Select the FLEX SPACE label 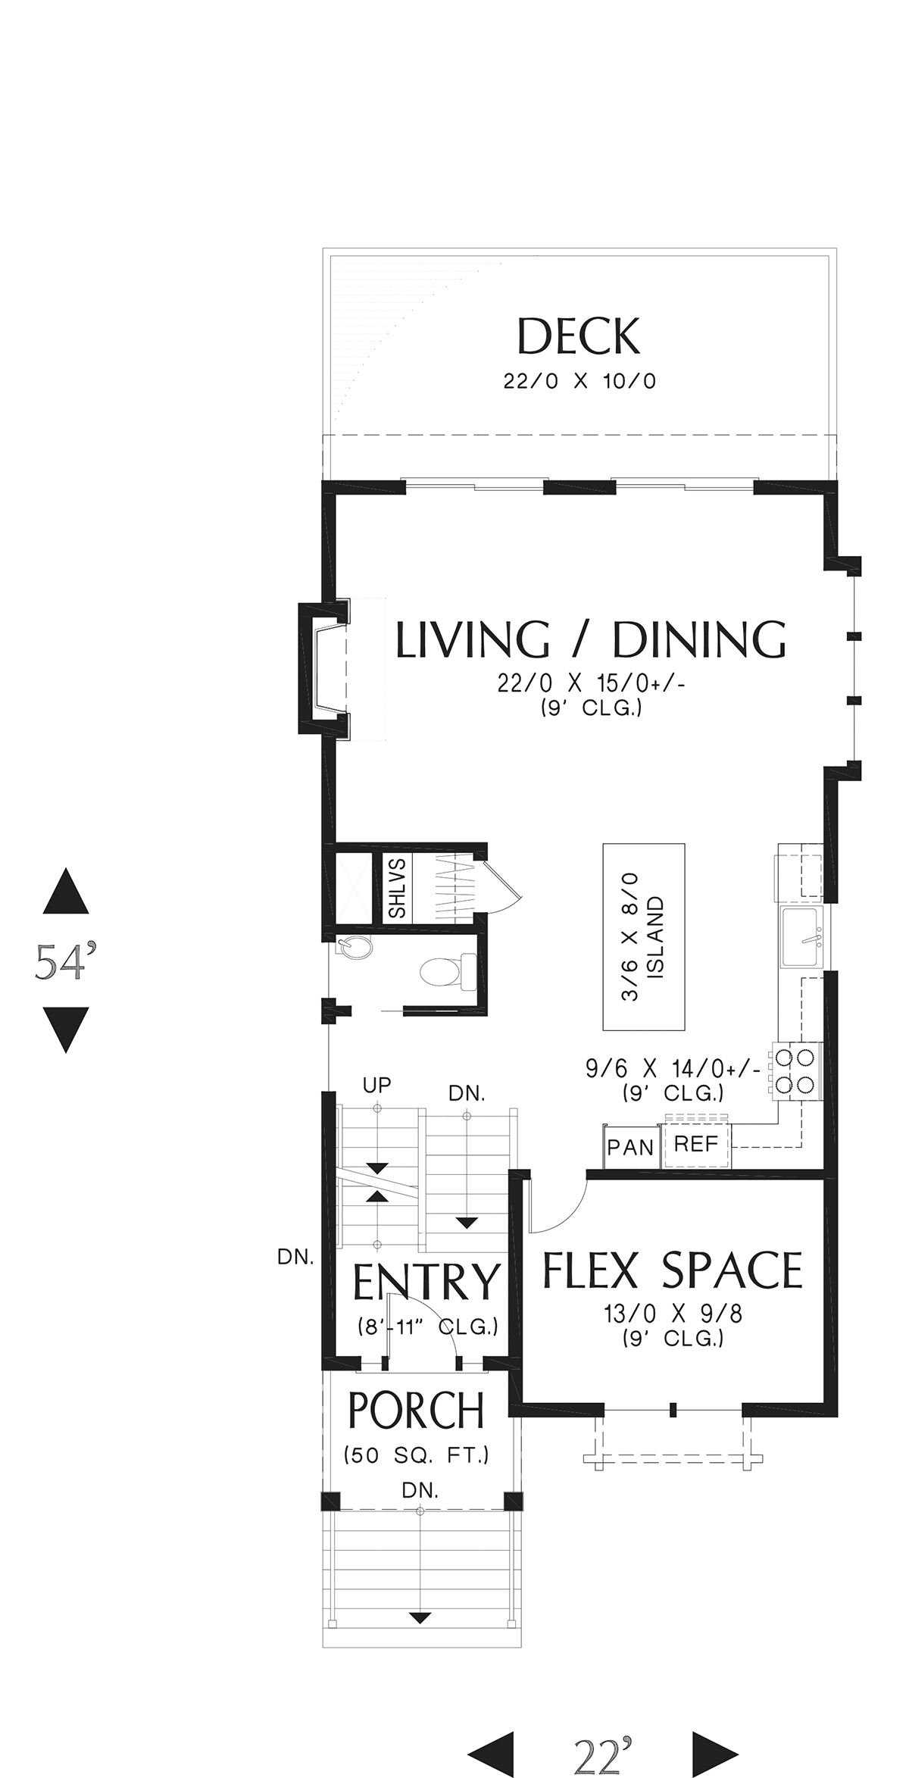point(673,1270)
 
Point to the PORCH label point(416,1411)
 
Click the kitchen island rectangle point(644,937)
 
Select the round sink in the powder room point(356,948)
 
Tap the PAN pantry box point(630,1148)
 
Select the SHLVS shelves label point(397,889)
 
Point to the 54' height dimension point(65,961)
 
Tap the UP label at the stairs point(377,1086)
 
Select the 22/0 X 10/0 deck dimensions point(580,381)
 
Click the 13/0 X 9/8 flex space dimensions point(673,1314)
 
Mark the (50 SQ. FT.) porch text point(417,1455)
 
